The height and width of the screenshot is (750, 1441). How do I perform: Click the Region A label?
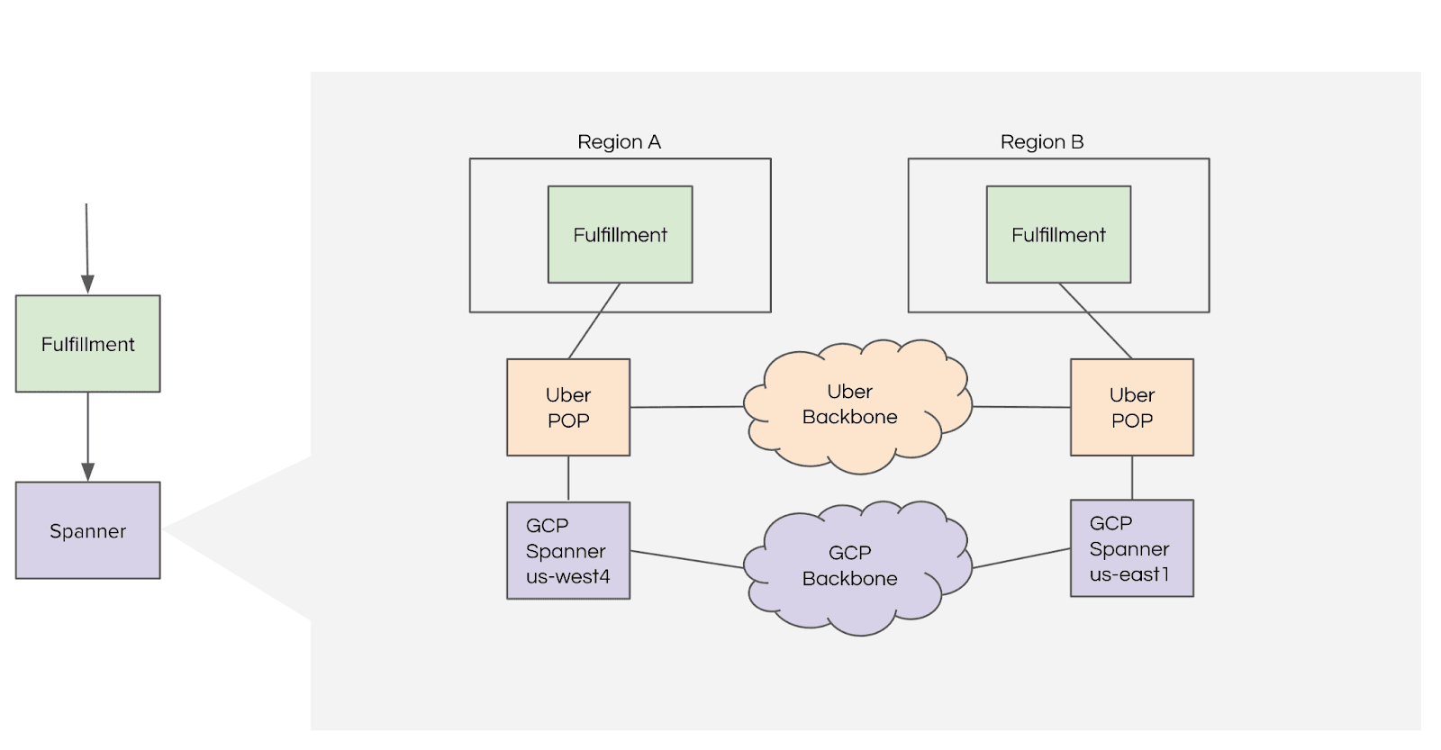(619, 142)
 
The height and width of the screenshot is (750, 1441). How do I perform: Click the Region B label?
(1041, 142)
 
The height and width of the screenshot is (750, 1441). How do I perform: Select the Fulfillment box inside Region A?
(620, 235)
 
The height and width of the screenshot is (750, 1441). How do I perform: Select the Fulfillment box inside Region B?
(1058, 235)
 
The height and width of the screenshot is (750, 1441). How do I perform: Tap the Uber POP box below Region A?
(568, 407)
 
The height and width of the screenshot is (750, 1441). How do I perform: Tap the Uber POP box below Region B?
(1131, 407)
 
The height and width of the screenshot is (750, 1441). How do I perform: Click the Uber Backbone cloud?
(849, 405)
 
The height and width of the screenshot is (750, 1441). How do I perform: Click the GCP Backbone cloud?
(849, 566)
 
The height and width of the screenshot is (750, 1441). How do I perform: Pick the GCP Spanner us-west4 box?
(568, 550)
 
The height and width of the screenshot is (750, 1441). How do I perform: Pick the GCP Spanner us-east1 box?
(1131, 548)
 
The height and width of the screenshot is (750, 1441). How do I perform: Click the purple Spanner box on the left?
(87, 530)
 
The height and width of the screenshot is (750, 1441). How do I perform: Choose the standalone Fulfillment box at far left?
(87, 344)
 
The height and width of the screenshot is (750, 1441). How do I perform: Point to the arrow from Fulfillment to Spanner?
(87, 437)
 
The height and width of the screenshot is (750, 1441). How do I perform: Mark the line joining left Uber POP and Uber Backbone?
(686, 407)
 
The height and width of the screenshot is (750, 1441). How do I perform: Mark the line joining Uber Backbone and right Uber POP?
(1021, 407)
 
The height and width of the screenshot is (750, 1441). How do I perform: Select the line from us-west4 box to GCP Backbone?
(686, 559)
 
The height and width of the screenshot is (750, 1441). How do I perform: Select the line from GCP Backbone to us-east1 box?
(1021, 558)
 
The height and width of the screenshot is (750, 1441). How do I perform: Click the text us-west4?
(567, 576)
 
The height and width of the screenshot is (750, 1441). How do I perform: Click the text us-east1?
(1128, 574)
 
